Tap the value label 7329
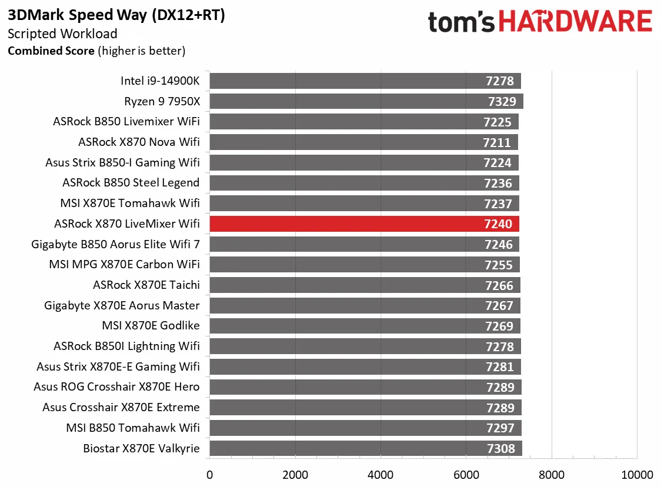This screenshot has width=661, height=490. tap(502, 101)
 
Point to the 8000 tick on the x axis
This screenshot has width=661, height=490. tap(552, 475)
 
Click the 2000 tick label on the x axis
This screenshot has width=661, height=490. tap(295, 475)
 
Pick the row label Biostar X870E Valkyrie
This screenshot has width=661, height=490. tap(142, 449)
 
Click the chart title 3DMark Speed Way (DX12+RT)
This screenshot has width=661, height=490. tap(116, 15)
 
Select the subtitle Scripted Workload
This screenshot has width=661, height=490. tap(62, 34)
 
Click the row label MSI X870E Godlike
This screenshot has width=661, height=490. tap(151, 326)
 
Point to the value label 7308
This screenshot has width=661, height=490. tap(501, 449)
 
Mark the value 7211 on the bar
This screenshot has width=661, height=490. tap(497, 142)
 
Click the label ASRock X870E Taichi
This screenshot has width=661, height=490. tap(146, 285)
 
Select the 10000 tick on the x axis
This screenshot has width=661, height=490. tap(637, 475)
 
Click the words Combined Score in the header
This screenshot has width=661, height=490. tap(51, 51)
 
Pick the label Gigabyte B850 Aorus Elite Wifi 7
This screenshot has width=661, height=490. tap(116, 244)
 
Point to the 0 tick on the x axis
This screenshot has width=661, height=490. tap(209, 475)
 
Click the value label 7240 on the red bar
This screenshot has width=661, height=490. tap(498, 224)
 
